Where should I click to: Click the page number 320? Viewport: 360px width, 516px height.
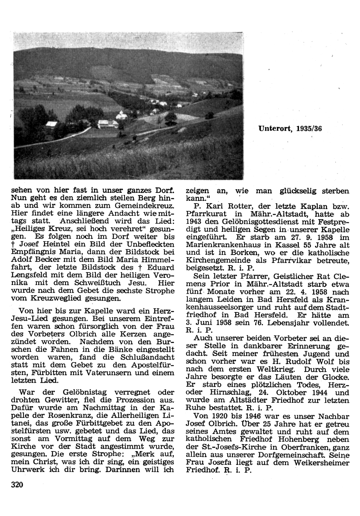coord(17,485)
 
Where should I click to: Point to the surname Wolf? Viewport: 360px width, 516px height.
coord(324,361)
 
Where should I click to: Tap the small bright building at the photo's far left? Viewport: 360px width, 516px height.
coord(51,124)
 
